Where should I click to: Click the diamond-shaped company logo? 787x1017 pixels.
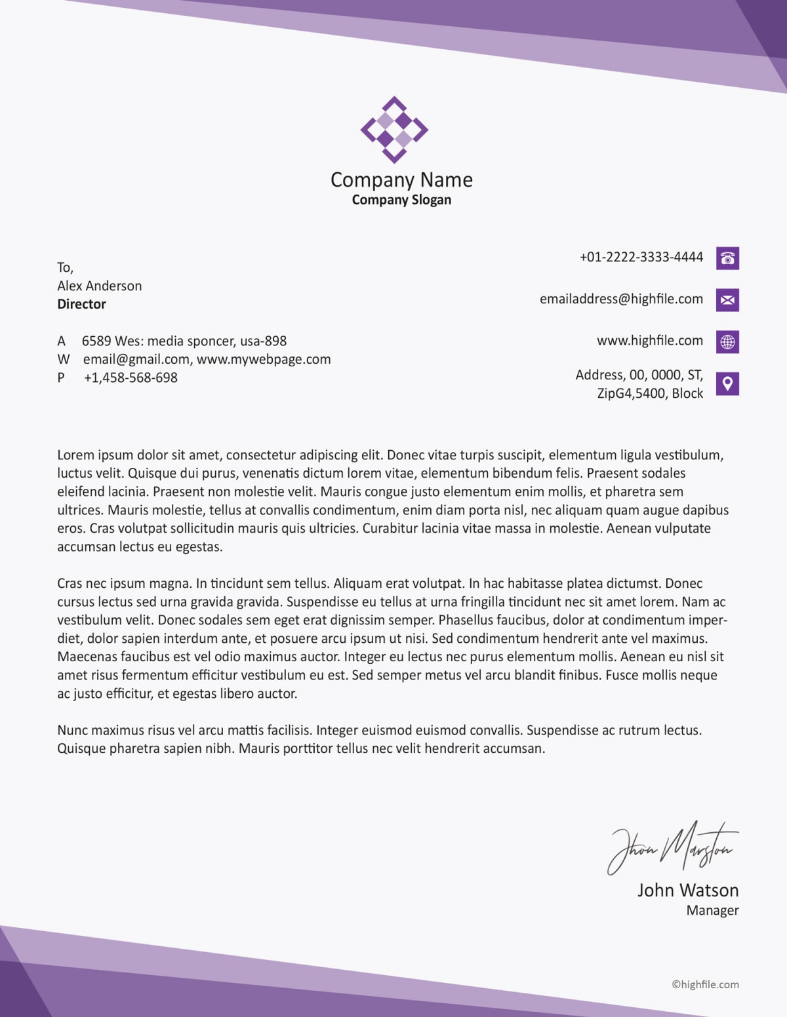(x=394, y=130)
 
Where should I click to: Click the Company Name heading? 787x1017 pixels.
(x=401, y=180)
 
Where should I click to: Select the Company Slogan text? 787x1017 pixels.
(x=401, y=200)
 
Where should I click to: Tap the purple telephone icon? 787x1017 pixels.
(x=727, y=258)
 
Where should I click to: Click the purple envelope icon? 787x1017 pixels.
(x=727, y=300)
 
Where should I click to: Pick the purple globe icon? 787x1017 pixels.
(x=727, y=341)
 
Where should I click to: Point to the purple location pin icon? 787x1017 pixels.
(x=727, y=383)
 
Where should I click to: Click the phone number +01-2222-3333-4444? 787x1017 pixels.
(x=641, y=257)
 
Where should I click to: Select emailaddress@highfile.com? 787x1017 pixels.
(x=621, y=299)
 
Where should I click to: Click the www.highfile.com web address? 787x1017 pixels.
(x=649, y=341)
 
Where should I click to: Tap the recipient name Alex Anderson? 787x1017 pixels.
(x=99, y=286)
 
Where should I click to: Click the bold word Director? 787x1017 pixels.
(x=81, y=304)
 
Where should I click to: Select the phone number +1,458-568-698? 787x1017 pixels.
(x=131, y=377)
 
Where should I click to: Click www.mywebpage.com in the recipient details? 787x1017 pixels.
(x=264, y=359)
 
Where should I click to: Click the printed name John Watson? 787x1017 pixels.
(x=687, y=890)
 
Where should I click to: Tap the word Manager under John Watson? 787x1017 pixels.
(x=712, y=910)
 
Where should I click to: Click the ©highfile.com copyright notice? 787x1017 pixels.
(x=705, y=984)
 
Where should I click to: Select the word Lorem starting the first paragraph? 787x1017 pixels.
(x=75, y=455)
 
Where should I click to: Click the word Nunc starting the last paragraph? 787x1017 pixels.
(x=72, y=730)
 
